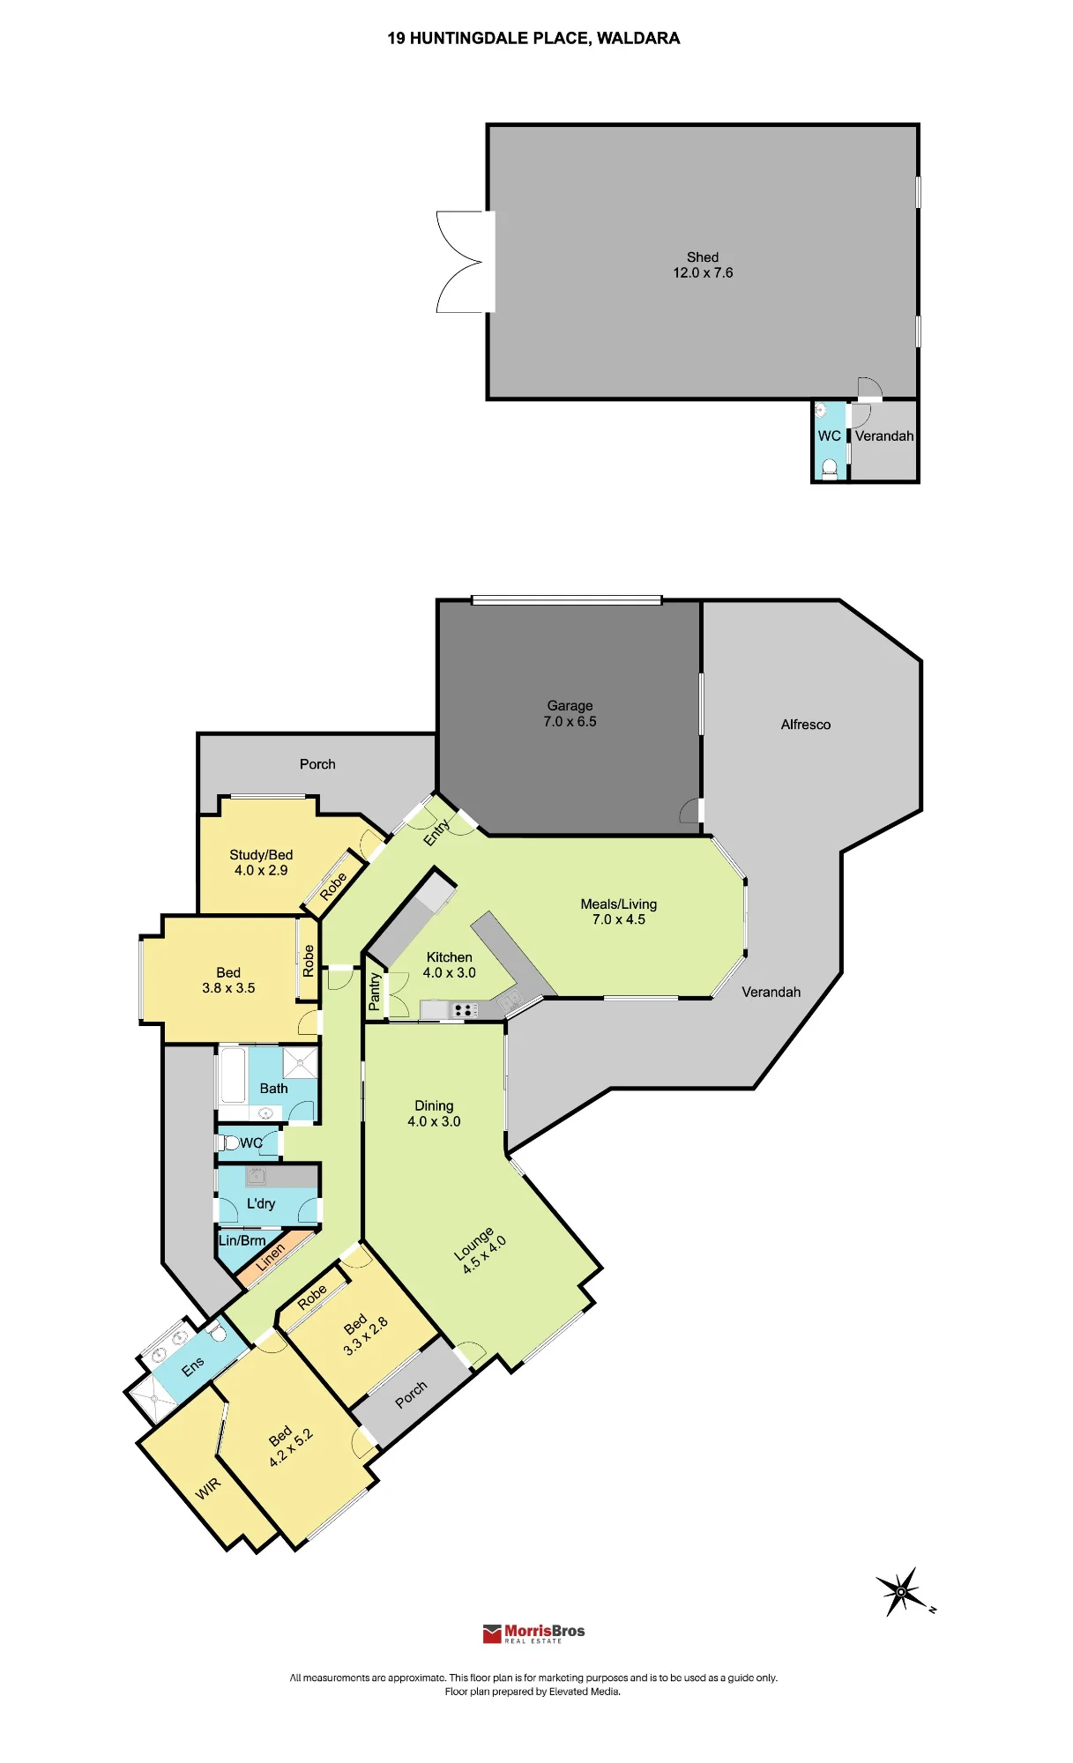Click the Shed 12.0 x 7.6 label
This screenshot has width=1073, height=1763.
pos(703,265)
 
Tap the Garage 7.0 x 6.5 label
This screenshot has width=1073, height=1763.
pos(570,714)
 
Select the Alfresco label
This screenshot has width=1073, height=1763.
pos(805,725)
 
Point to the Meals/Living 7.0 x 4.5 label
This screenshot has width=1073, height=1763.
pos(618,911)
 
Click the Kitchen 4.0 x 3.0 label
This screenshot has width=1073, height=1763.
pos(449,965)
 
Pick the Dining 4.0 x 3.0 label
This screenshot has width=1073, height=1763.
pos(434,1113)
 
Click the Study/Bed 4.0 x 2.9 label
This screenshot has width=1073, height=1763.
pos(261,863)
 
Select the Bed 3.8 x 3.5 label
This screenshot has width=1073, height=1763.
pos(228,980)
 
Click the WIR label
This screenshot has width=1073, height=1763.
pos(208,1489)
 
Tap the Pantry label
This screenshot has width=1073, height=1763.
pos(375,991)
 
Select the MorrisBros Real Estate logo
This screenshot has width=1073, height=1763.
pos(534,1633)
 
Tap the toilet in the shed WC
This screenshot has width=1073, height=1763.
pos(829,468)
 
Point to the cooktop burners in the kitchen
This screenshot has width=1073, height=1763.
pos(463,1010)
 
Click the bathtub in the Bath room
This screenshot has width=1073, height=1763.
pos(233,1074)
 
